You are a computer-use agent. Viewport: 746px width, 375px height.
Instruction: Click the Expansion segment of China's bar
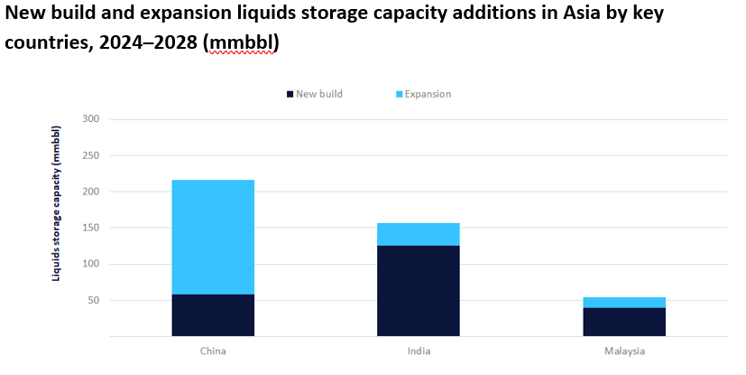pyautogui.click(x=213, y=237)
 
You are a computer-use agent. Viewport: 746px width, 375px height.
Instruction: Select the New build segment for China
pyautogui.click(x=213, y=314)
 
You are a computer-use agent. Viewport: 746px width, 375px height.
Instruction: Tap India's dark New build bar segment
pyautogui.click(x=419, y=290)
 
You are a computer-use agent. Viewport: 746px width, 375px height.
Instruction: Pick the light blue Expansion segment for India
pyautogui.click(x=419, y=234)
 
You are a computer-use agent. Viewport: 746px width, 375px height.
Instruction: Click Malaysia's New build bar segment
pyautogui.click(x=624, y=322)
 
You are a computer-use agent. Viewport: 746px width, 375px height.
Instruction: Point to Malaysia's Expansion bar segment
pyautogui.click(x=624, y=303)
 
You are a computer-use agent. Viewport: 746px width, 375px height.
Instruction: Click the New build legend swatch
pyautogui.click(x=290, y=94)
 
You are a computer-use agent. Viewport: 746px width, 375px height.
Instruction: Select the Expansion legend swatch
pyautogui.click(x=399, y=94)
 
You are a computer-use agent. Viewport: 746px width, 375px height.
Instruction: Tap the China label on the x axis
pyautogui.click(x=213, y=351)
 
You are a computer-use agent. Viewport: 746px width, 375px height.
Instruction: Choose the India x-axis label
pyautogui.click(x=419, y=351)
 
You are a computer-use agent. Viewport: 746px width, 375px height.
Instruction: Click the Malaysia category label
pyautogui.click(x=624, y=351)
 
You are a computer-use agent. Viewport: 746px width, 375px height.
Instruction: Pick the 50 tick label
pyautogui.click(x=92, y=300)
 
